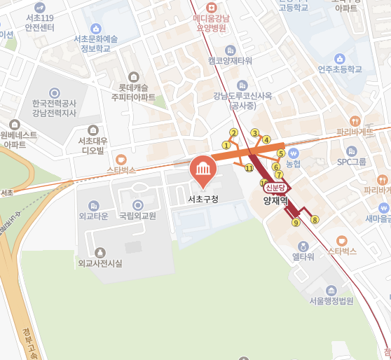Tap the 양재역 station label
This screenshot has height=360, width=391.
point(275,200)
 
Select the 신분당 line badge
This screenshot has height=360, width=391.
point(275,188)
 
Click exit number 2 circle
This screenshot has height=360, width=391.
point(234,132)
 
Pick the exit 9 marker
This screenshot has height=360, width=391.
point(296,223)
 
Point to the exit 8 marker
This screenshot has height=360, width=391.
point(315,220)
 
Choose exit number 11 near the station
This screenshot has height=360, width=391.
point(249,168)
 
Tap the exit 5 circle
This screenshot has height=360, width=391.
point(281,153)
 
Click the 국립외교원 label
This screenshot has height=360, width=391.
point(137,216)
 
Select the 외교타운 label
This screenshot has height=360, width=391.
point(93,216)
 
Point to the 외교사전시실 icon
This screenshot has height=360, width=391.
point(100,251)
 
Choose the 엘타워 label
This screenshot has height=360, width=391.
point(303,257)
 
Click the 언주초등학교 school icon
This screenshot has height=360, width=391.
point(340,58)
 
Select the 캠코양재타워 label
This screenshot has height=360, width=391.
point(230,61)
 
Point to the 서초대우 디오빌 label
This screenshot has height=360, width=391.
point(93,146)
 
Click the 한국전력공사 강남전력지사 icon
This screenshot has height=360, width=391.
point(55,92)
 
